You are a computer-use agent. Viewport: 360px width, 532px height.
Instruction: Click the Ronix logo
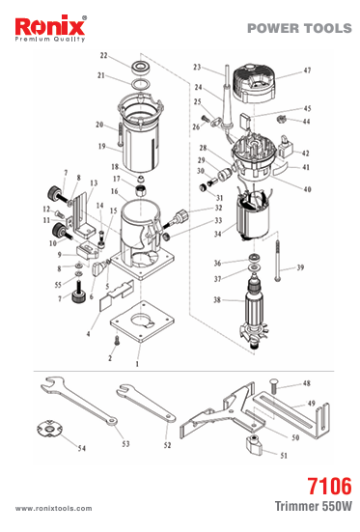(50, 29)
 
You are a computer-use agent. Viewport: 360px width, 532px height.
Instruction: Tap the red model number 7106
(329, 487)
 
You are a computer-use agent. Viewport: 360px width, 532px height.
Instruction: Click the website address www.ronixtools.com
(53, 508)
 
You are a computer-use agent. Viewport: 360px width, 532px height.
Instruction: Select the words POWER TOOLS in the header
(299, 28)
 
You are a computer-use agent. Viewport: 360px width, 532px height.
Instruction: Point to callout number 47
(307, 70)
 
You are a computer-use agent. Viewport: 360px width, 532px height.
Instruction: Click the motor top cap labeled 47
(254, 83)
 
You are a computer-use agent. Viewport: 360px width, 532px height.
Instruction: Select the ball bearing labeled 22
(139, 67)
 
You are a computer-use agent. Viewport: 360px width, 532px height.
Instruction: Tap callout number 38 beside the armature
(217, 300)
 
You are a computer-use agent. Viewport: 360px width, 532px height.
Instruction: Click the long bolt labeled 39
(278, 261)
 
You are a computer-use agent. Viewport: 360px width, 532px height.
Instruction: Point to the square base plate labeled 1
(142, 322)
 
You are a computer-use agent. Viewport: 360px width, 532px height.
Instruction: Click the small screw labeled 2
(117, 340)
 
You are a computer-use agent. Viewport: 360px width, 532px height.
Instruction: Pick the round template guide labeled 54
(49, 429)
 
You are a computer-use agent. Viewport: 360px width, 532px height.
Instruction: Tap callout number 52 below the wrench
(167, 445)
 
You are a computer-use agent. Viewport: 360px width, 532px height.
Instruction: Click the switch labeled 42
(285, 146)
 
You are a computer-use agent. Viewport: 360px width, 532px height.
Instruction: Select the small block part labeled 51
(255, 444)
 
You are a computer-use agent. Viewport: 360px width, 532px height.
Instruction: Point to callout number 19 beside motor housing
(101, 146)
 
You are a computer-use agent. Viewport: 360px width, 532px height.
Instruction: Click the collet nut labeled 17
(141, 190)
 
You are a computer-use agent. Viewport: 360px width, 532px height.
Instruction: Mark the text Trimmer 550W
(313, 506)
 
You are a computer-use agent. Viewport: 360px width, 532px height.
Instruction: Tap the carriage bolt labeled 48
(273, 386)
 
